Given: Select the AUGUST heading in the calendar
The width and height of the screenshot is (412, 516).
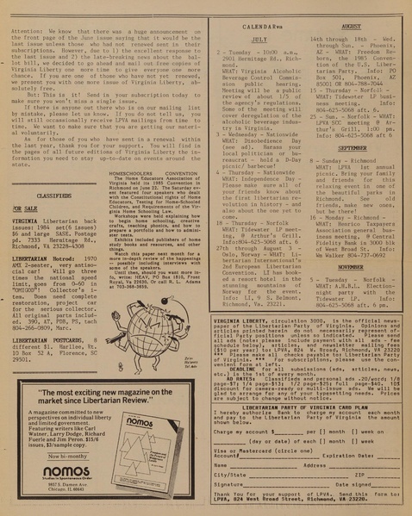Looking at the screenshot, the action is [351, 27].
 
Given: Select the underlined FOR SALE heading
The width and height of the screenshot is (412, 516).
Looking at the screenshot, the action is [24, 208].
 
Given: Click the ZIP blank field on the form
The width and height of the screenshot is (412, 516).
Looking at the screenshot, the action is [384, 474].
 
